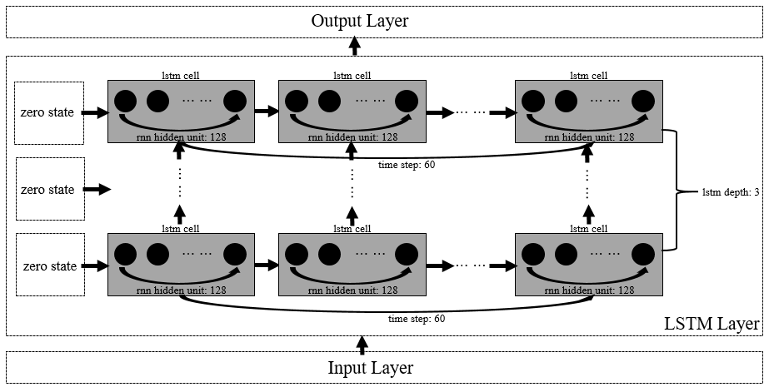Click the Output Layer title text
point(360,21)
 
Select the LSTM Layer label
point(711,323)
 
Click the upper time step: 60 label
point(406,164)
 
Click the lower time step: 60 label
point(417,318)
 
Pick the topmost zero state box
point(49,112)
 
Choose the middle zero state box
point(49,190)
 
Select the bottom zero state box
point(49,266)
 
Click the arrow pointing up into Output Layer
point(356,45)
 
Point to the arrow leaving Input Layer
point(361,342)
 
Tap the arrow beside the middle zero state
point(97,190)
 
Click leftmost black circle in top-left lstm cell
point(125,102)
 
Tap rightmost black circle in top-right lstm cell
point(642,102)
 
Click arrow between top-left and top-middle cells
point(266,110)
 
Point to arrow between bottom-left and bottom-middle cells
point(266,265)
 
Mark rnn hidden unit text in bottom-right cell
point(587,290)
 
